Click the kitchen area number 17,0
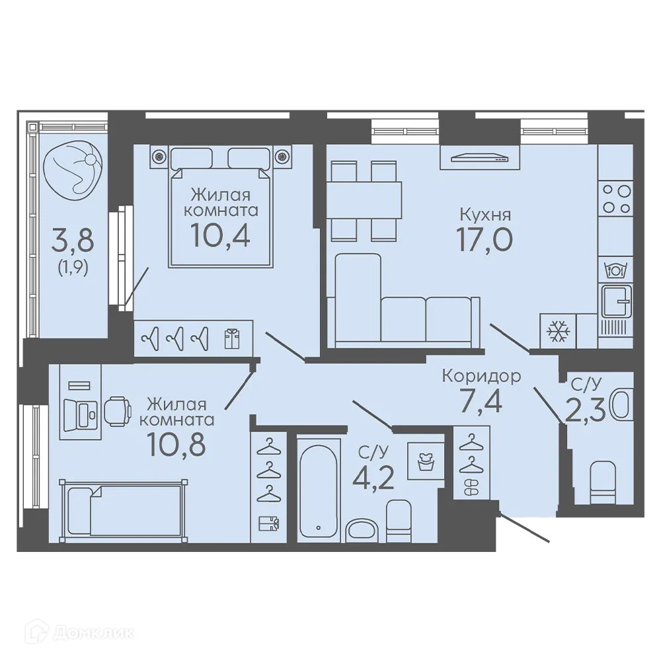[x=485, y=239]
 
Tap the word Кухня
[x=485, y=215]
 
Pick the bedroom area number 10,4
[x=220, y=235]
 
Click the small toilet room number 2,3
[x=585, y=411]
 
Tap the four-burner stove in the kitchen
[x=615, y=198]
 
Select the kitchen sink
[x=616, y=301]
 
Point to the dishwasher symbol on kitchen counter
[x=615, y=270]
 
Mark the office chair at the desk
[x=118, y=409]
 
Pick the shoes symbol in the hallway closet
[x=471, y=488]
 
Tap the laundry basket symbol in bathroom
[x=426, y=460]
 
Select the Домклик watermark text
[x=80, y=633]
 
